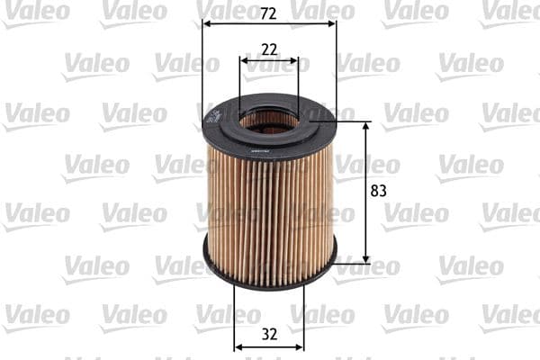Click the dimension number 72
(269, 13)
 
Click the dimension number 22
(269, 49)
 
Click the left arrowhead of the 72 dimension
(207, 24)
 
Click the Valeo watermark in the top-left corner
(36, 12)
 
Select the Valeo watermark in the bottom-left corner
(36, 316)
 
